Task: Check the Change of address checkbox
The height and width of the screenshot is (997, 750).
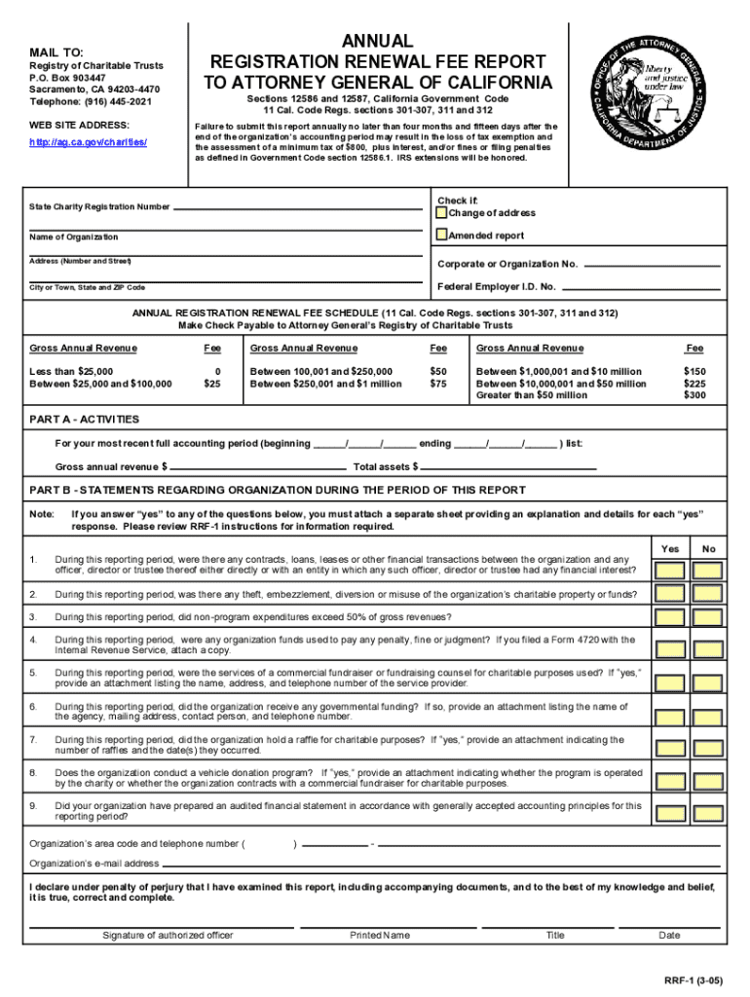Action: tap(442, 213)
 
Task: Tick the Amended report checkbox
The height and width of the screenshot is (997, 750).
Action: tap(442, 235)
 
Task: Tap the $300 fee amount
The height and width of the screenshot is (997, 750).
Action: tap(694, 395)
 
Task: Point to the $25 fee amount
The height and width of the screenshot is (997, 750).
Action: tap(210, 384)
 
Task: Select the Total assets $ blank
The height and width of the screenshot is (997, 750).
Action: tap(506, 466)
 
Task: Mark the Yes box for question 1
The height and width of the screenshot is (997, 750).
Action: tap(669, 566)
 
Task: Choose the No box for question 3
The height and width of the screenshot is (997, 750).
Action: tap(708, 617)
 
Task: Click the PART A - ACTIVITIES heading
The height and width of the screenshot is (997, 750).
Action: tap(85, 419)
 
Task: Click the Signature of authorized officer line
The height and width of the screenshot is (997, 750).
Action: tap(168, 925)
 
